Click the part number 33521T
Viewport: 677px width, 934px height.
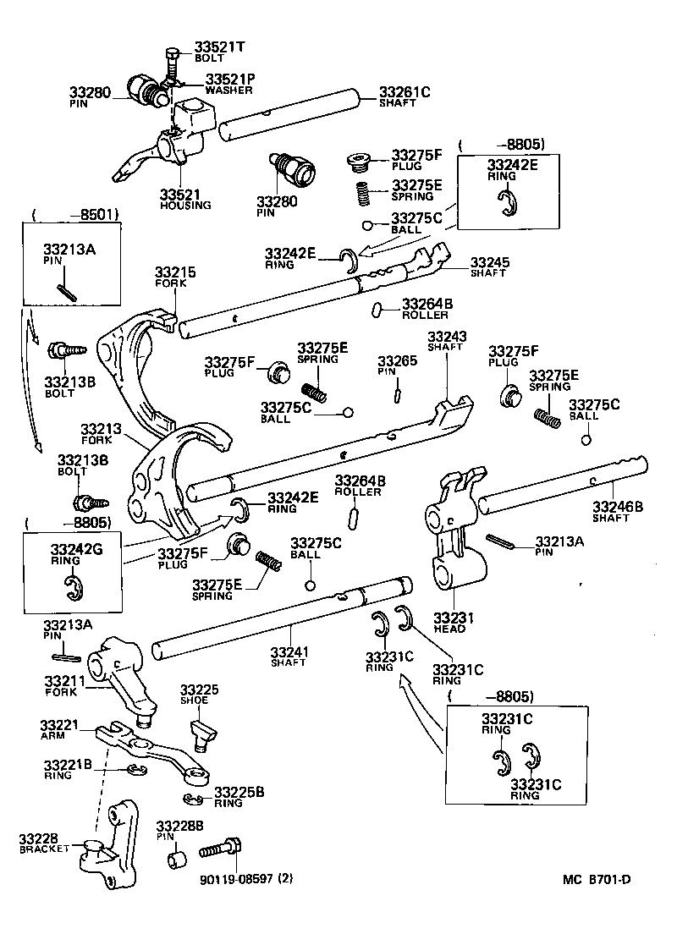[219, 47]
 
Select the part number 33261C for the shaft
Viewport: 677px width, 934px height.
[404, 92]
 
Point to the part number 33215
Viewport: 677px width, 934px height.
[175, 272]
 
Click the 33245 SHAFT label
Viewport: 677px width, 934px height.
[490, 267]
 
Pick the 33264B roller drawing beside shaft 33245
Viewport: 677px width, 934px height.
[377, 310]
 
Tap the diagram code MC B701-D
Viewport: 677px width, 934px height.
[597, 879]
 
